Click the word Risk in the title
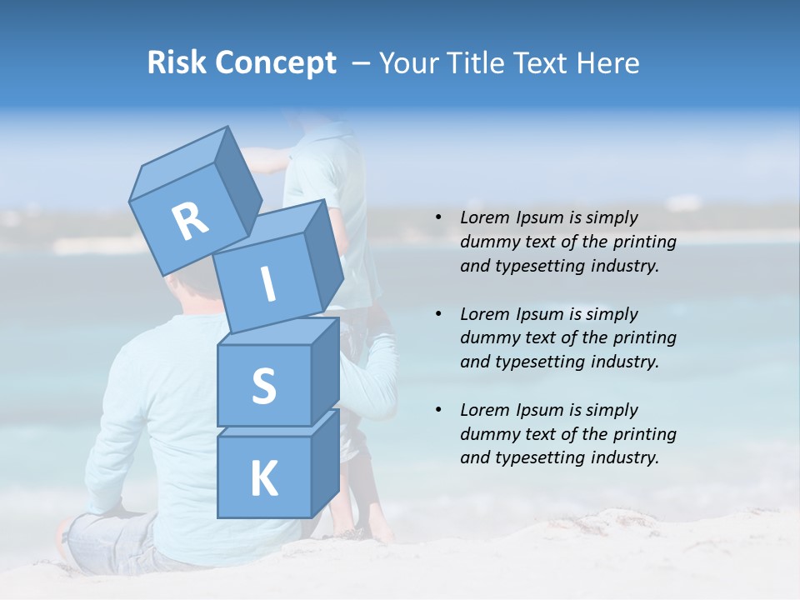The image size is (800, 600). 177,63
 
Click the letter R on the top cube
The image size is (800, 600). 191,222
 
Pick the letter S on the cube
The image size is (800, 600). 263,386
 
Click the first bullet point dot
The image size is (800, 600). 438,217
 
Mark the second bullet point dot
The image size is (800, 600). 438,314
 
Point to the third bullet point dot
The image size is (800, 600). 438,410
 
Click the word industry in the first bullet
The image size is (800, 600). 626,266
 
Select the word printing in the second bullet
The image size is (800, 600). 645,338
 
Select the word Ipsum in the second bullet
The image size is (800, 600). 541,314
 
